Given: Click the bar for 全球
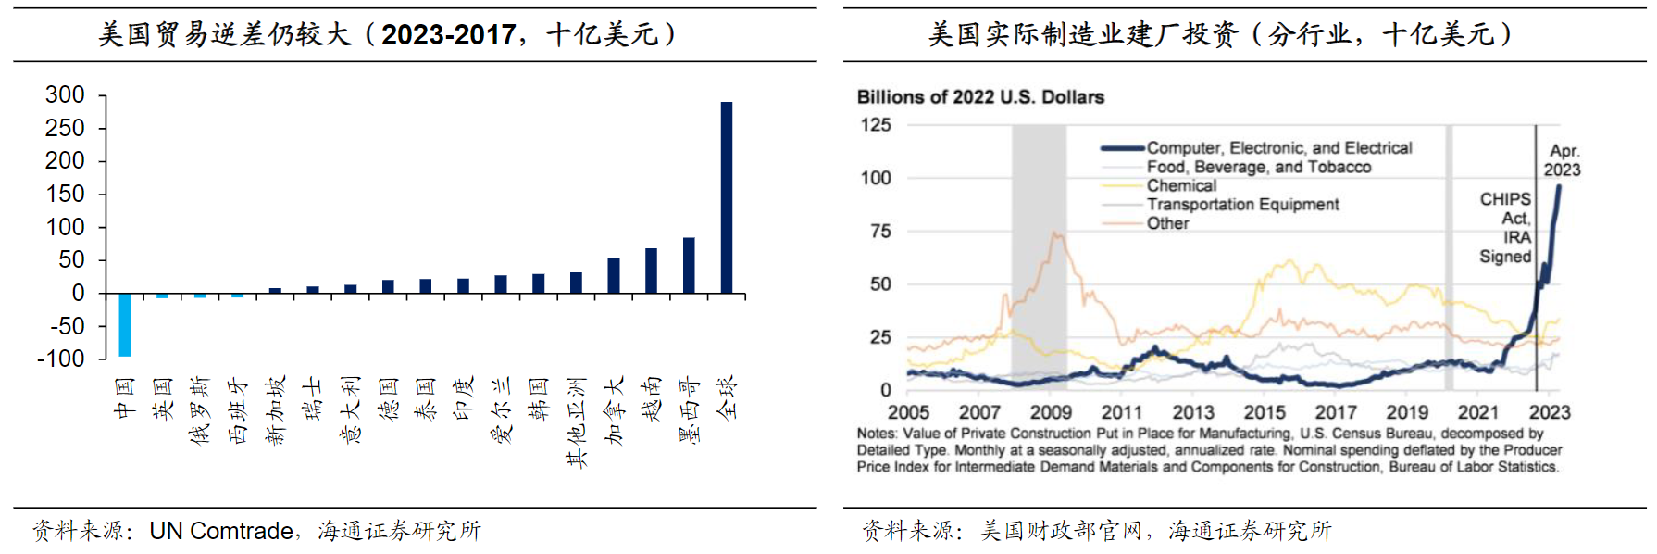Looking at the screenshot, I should tap(727, 197).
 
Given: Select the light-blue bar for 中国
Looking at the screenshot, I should tap(124, 324).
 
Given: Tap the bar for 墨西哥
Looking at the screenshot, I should tap(689, 266).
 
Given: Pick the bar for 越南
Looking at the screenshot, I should tap(651, 271).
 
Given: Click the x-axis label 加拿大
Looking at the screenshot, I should tap(614, 410).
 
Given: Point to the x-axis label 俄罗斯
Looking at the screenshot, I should tap(199, 410).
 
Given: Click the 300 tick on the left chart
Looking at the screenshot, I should tap(65, 94).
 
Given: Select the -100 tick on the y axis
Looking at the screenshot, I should tap(60, 359).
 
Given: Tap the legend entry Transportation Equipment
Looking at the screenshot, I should tap(1242, 204).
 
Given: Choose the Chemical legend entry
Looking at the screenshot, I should tap(1181, 185).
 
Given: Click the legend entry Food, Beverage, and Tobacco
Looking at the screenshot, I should tap(1258, 167).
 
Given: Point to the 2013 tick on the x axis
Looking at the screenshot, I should tap(1193, 412).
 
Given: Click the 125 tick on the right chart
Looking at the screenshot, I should tap(876, 124).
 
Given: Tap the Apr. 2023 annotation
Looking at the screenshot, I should tap(1563, 160).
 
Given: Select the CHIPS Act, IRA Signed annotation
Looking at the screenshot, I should tap(1505, 227).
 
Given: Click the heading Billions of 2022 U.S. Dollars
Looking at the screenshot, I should tap(980, 97).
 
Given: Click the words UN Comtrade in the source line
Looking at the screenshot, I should tap(221, 531).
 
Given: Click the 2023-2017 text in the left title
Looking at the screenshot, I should tap(449, 34).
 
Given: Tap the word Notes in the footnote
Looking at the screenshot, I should tap(876, 434).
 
